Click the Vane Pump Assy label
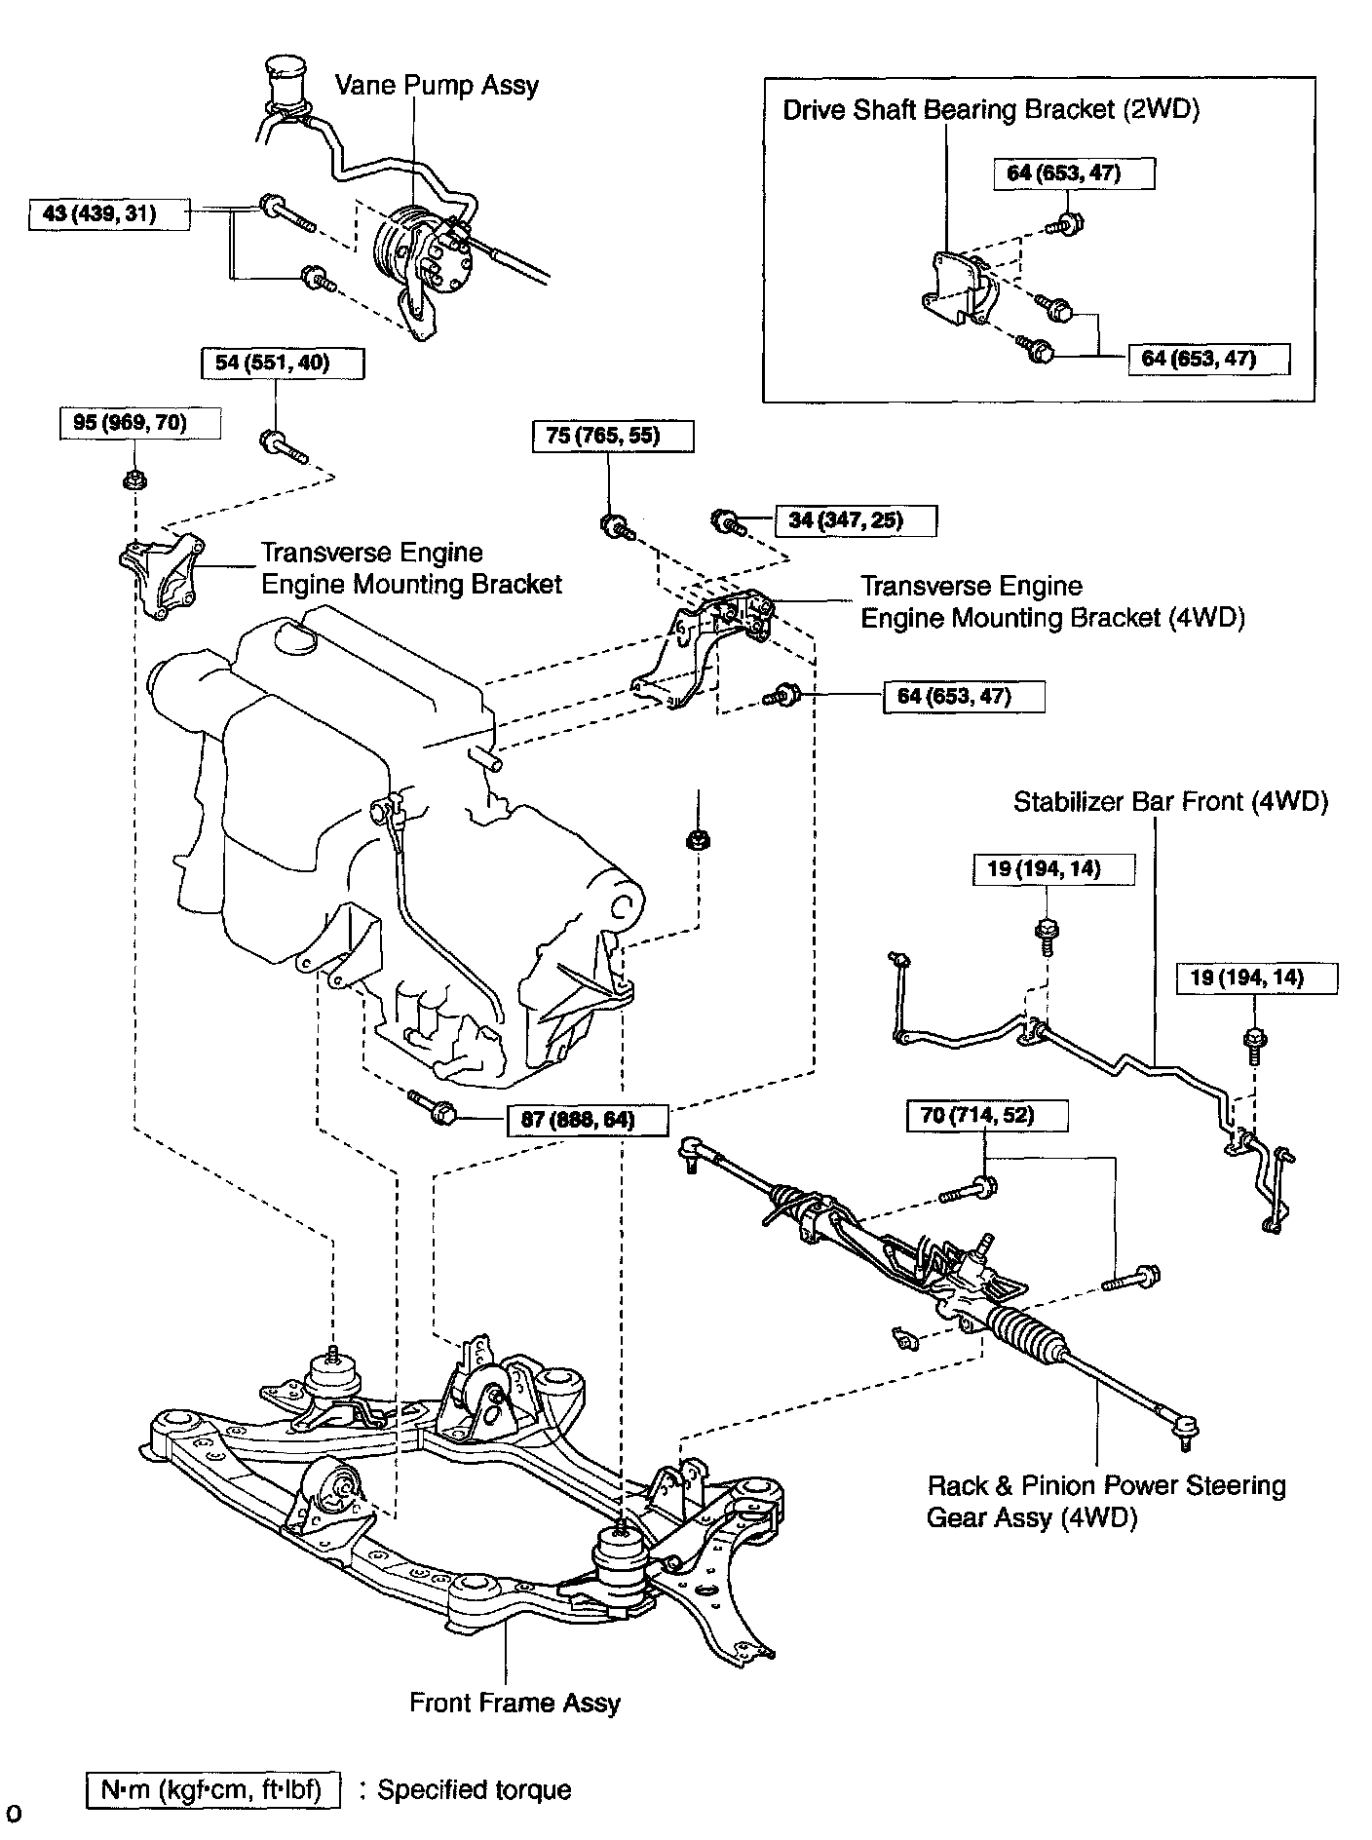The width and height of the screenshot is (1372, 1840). tap(437, 85)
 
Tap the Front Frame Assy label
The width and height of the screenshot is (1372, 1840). tap(514, 1703)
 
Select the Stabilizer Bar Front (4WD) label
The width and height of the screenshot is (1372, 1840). tap(1170, 801)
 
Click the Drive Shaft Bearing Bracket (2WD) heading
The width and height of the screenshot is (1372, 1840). tap(991, 109)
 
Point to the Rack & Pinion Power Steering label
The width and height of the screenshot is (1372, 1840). tap(1106, 1485)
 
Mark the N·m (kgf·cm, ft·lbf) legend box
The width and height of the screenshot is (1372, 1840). tap(213, 1789)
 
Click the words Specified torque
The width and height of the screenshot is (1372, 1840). tap(474, 1789)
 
